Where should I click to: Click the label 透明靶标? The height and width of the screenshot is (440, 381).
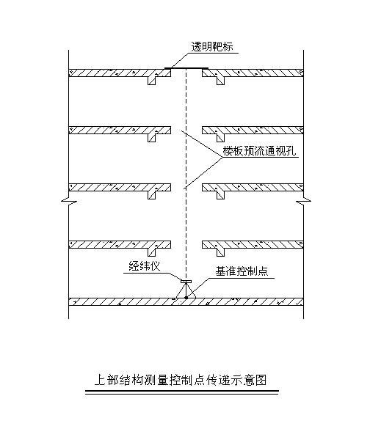[212, 47]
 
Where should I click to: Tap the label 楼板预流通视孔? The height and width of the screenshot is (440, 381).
[259, 151]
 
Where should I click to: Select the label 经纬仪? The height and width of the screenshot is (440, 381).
[145, 266]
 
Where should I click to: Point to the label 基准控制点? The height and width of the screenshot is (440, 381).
[242, 271]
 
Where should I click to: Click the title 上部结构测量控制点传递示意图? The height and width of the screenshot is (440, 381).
[181, 380]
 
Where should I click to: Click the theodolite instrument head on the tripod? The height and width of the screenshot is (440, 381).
[186, 281]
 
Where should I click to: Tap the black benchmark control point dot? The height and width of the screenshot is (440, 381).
[186, 298]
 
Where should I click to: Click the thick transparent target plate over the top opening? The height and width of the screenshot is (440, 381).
[186, 68]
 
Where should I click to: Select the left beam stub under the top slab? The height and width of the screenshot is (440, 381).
[152, 81]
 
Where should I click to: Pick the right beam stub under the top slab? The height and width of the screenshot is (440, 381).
[220, 81]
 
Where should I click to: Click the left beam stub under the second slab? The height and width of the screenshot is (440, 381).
[152, 138]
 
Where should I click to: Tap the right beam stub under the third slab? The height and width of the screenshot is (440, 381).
[220, 195]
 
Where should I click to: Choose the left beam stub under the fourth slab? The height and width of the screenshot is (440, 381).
[152, 252]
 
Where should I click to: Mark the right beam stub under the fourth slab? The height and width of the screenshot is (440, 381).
[220, 252]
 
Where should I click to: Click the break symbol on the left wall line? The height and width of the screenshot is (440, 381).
[69, 201]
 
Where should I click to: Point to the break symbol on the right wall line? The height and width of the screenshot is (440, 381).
[303, 201]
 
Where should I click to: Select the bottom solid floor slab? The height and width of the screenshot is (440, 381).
[186, 302]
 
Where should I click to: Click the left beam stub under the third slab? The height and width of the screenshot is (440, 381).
[152, 195]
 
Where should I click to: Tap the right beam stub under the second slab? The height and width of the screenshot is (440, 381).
[220, 138]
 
